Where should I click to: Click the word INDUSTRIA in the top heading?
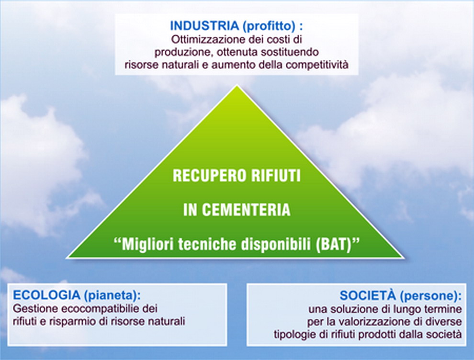click(204, 26)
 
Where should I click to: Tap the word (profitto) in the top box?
click(269, 26)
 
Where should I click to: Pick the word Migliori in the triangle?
click(148, 244)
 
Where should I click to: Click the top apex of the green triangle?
click(237, 86)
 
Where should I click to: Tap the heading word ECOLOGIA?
click(46, 295)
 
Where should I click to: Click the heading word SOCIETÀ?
click(368, 295)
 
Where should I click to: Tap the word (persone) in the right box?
click(429, 296)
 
